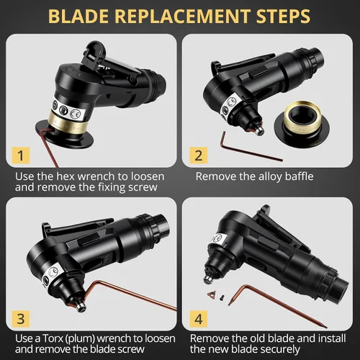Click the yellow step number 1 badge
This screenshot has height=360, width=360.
click(x=21, y=156)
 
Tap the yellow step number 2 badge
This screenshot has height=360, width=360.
click(x=199, y=156)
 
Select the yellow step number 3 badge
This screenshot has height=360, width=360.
click(x=21, y=319)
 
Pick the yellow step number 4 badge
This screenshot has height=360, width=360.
click(x=199, y=319)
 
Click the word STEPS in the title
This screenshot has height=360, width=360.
click(x=283, y=16)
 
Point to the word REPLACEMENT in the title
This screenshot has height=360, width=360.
click(x=182, y=16)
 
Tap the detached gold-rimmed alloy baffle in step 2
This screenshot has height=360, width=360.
click(x=302, y=125)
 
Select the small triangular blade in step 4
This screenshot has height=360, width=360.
click(x=211, y=294)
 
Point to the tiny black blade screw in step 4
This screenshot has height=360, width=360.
click(x=222, y=297)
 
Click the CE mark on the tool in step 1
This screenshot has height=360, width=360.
click(x=76, y=113)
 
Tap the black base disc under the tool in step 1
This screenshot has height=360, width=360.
click(x=65, y=135)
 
